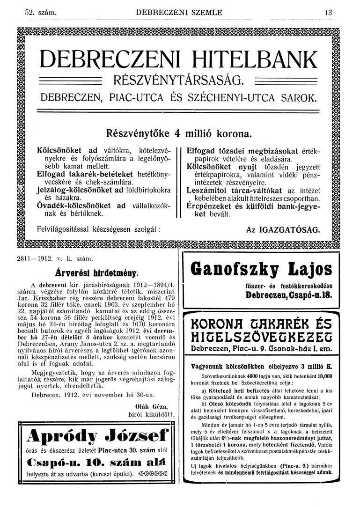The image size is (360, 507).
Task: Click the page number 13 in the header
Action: (x=328, y=13)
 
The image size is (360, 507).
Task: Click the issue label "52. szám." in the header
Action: (x=41, y=13)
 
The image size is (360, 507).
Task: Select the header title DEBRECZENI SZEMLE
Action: (x=179, y=13)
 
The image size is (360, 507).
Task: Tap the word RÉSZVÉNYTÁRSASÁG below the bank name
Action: (x=177, y=80)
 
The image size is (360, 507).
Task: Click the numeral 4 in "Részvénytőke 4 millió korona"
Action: (x=177, y=133)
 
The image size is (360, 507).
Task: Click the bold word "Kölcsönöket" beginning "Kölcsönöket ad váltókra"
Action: (x=59, y=150)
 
